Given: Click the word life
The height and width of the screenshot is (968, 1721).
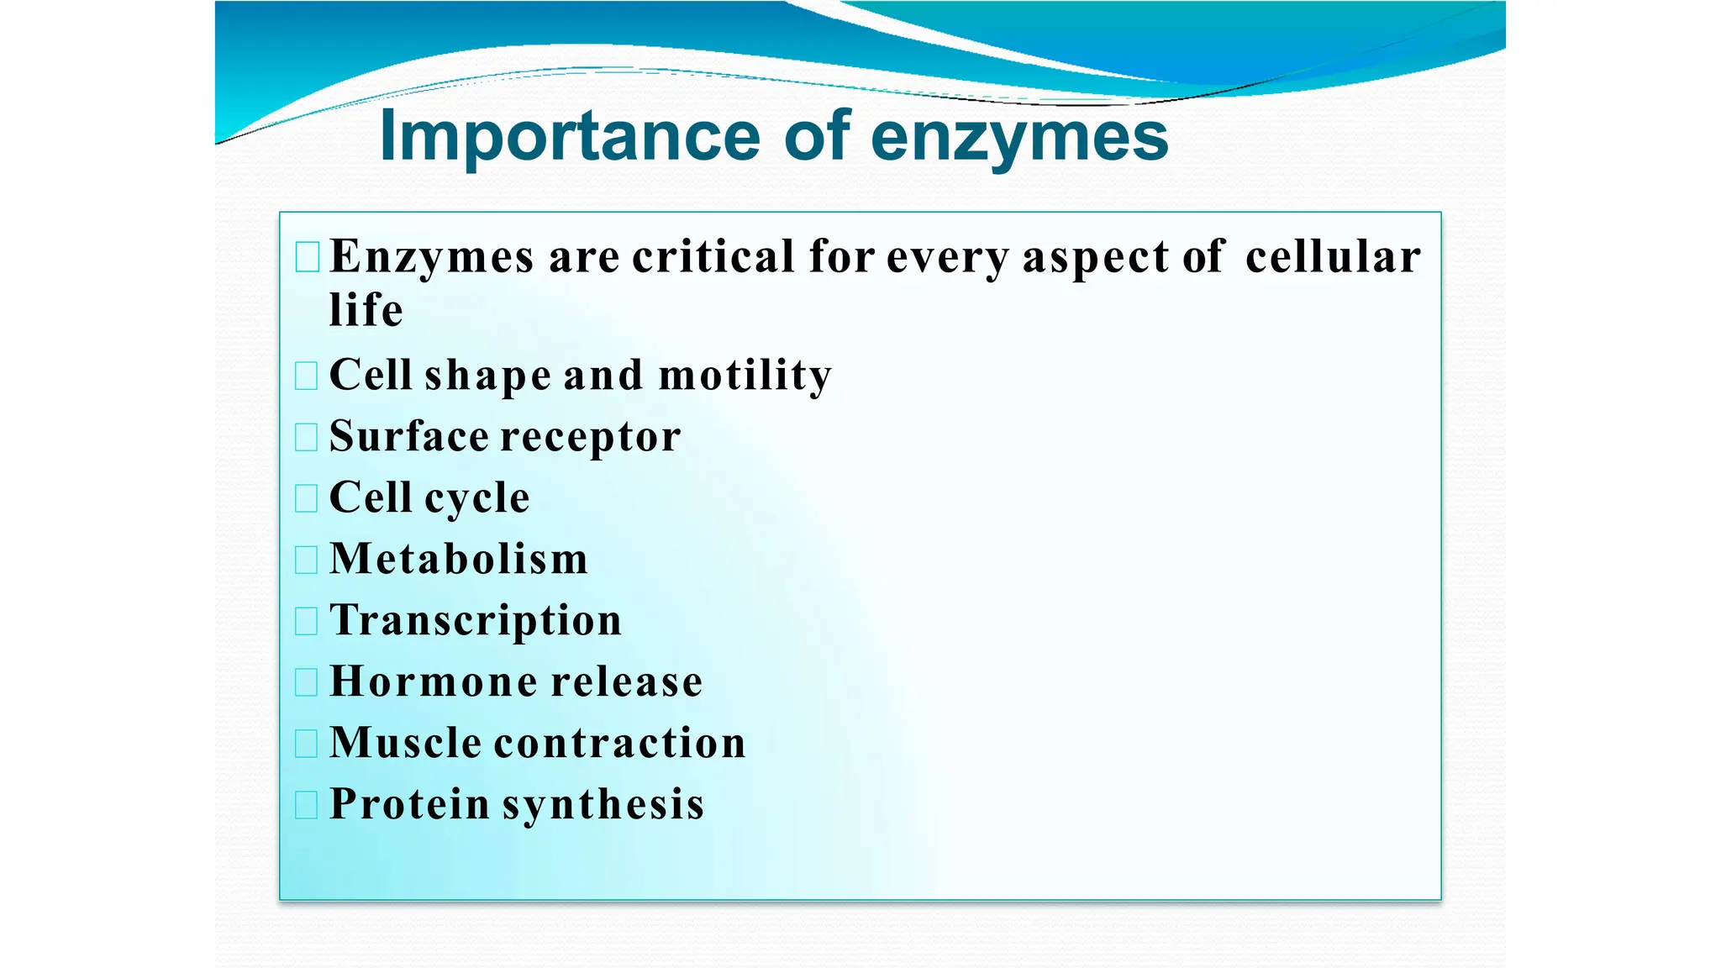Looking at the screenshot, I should (x=366, y=310).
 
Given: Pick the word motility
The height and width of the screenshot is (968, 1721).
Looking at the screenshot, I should (x=745, y=376).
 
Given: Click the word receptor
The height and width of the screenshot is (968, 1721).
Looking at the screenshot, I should (x=591, y=437).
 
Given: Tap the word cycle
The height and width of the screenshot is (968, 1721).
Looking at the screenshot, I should (x=477, y=498).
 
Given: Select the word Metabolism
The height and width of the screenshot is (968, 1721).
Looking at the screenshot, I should (x=459, y=559).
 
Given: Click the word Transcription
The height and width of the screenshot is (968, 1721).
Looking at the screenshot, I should (x=476, y=621).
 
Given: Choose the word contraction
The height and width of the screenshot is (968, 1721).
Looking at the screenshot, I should (x=620, y=743).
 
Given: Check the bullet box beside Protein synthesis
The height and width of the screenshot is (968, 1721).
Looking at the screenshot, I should (x=307, y=805).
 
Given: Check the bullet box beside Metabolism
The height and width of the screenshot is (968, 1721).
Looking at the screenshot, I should (x=307, y=560).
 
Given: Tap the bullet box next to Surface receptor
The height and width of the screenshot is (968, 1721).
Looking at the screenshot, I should (x=307, y=437).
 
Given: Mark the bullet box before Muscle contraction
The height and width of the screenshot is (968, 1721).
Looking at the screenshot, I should (x=307, y=744).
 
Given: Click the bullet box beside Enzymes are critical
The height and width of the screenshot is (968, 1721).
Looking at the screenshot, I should (x=308, y=257).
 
